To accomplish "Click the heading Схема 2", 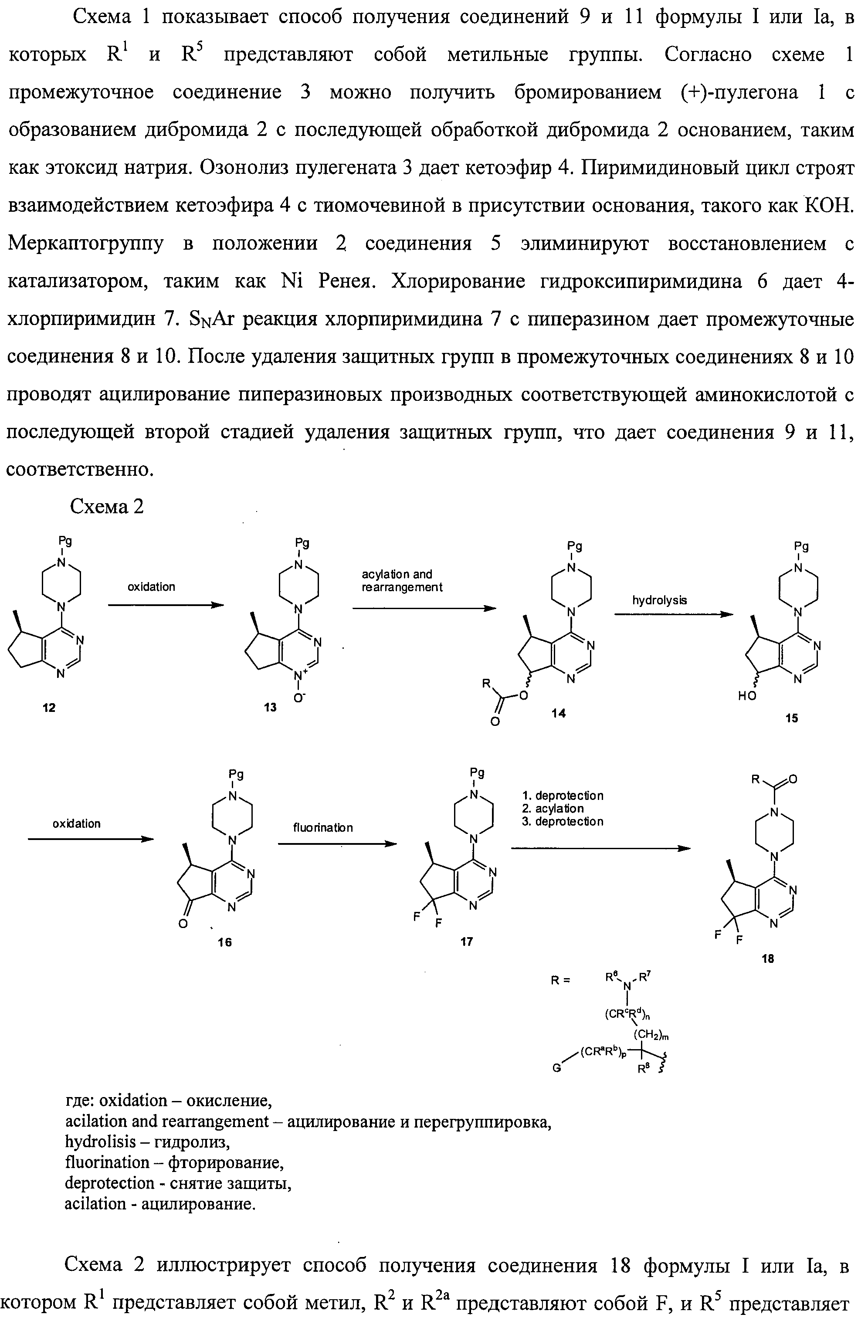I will tap(107, 506).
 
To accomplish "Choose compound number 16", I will tap(225, 942).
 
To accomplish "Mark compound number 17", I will tap(466, 942).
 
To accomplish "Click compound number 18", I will tap(767, 959).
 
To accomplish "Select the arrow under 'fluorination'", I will tap(337, 844).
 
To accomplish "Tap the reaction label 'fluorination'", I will tap(322, 827).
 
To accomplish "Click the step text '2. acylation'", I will tap(553, 808).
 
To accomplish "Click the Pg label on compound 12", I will tap(65, 540).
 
